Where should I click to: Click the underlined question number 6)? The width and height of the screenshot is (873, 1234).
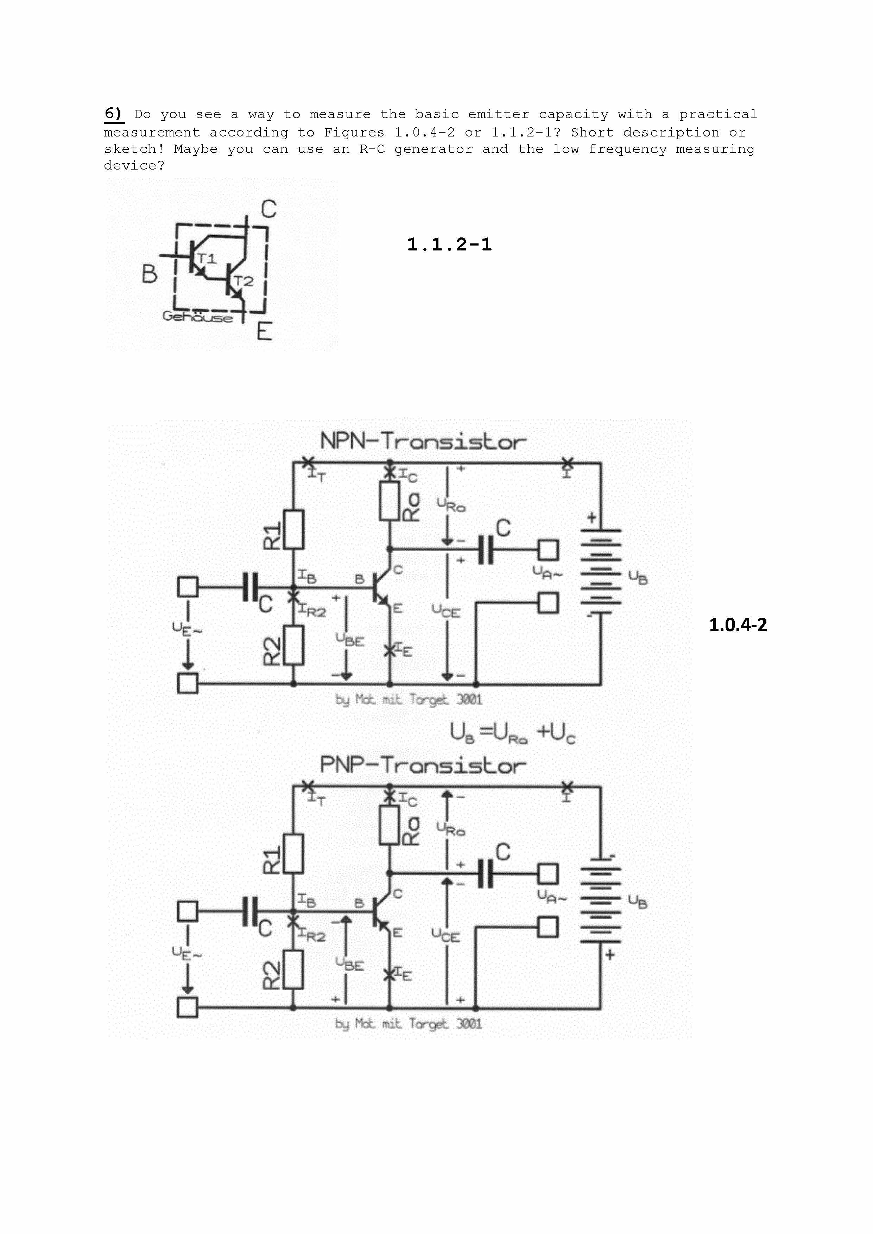tap(113, 114)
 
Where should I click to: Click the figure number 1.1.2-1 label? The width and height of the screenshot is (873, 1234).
tap(449, 244)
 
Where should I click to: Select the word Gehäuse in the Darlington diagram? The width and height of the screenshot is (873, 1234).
tap(197, 317)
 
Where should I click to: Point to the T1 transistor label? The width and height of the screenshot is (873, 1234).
tap(207, 259)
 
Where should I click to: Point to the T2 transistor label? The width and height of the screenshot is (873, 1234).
tap(243, 281)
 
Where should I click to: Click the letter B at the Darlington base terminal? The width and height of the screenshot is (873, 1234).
tap(150, 274)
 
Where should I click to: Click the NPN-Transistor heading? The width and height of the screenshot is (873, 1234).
tap(423, 442)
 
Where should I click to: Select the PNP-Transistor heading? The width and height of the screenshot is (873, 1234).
tap(423, 765)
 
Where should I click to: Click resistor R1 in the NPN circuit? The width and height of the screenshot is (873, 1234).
tap(293, 529)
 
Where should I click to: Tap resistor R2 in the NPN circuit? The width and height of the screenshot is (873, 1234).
tap(293, 645)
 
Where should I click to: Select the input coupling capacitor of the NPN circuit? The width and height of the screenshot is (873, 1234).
tap(250, 587)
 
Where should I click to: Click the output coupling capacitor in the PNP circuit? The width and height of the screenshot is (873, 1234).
tap(486, 873)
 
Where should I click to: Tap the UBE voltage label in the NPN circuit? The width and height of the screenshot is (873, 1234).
tap(350, 639)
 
